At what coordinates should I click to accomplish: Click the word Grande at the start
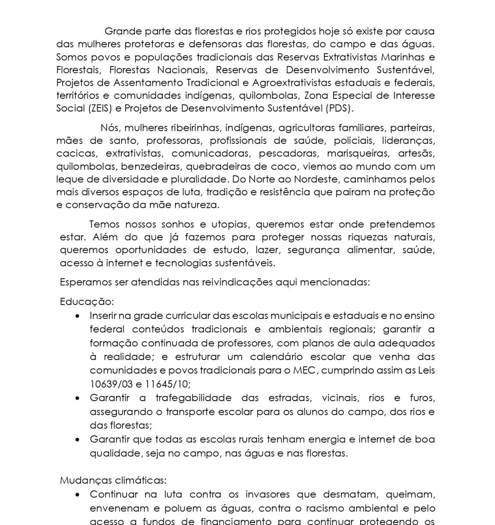(121, 31)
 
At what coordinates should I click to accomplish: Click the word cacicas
(76, 154)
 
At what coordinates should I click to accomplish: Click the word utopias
(230, 224)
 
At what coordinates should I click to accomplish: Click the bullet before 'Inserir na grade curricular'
(78, 316)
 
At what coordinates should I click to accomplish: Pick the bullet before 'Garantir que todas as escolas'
(78, 440)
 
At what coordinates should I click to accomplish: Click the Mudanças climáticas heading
(113, 480)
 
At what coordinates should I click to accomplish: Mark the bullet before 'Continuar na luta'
(78, 495)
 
